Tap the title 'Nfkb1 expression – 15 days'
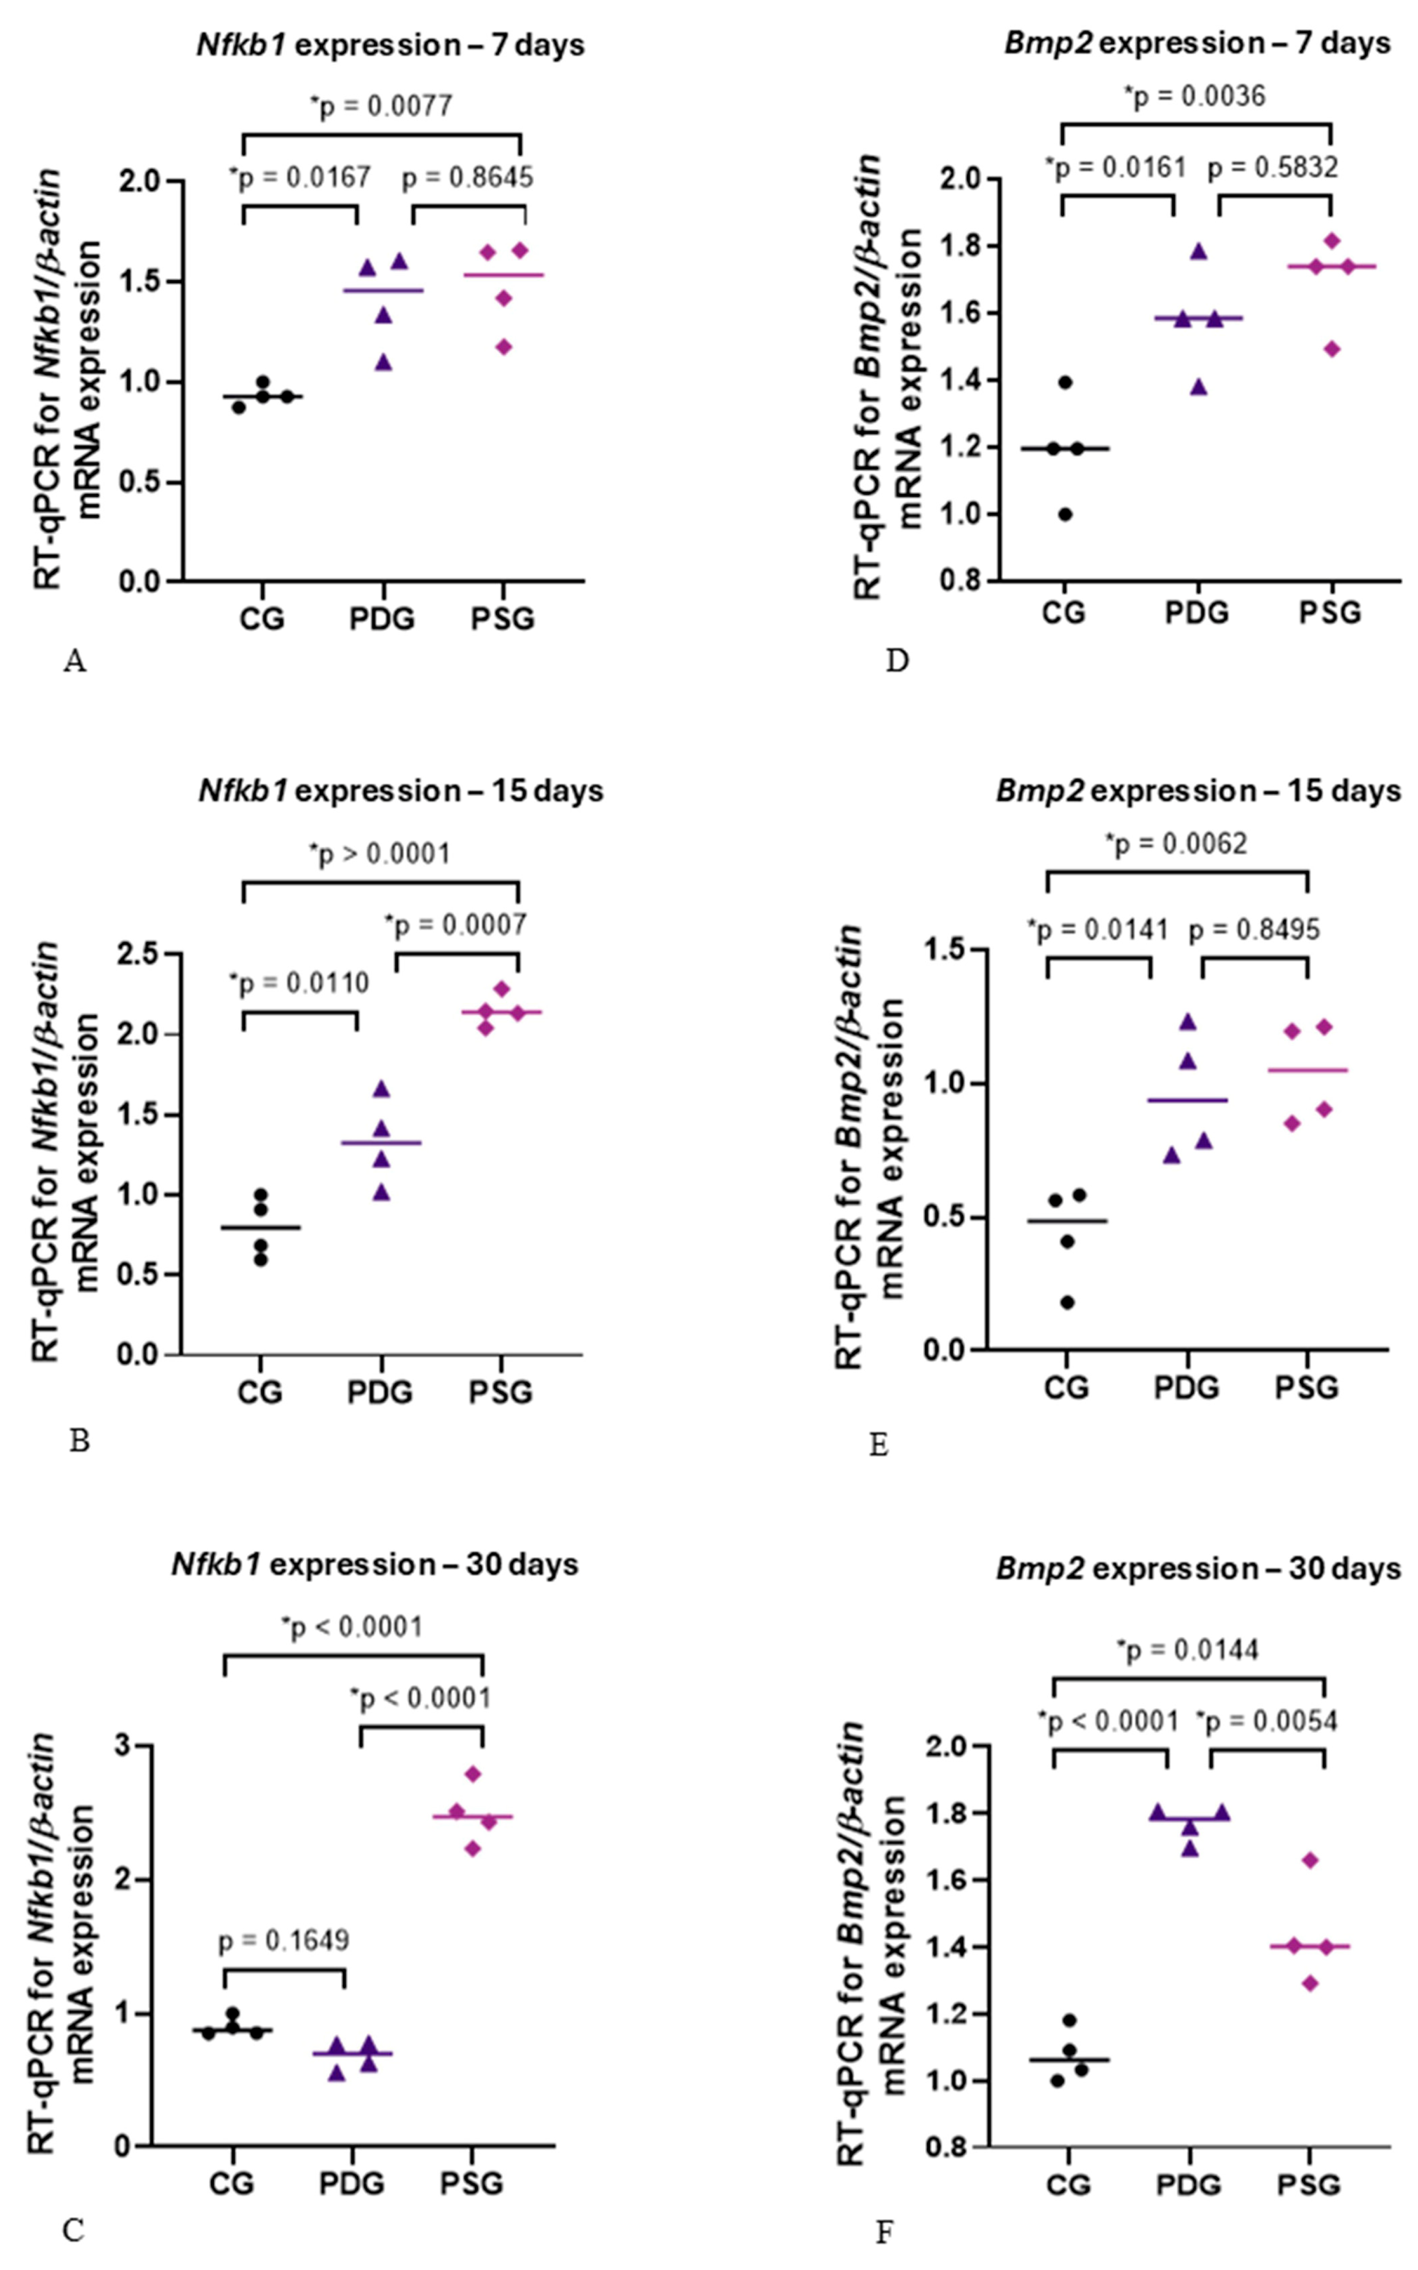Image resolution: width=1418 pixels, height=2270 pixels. [x=400, y=791]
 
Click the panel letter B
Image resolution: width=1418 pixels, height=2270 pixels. [x=80, y=1441]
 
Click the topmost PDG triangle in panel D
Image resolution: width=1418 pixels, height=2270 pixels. [x=1198, y=252]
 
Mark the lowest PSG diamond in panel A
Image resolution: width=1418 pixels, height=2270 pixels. [x=503, y=347]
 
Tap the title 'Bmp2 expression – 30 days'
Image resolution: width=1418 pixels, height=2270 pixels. [x=1197, y=1569]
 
